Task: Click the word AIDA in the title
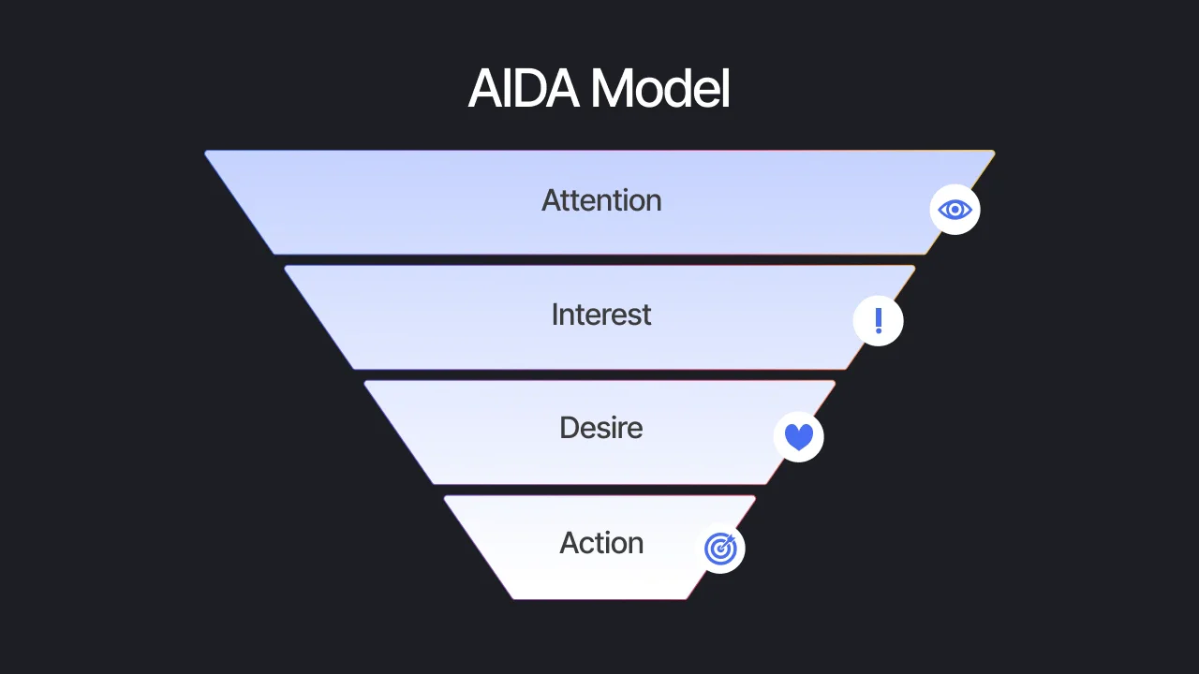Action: [x=525, y=90]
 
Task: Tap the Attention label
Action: [x=601, y=200]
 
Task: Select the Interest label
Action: [x=601, y=315]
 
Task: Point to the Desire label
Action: [x=601, y=428]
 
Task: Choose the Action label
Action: [x=601, y=543]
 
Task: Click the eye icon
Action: [x=955, y=210]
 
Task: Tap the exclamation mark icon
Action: [x=879, y=321]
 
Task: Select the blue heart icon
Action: [x=799, y=437]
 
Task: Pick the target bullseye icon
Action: [x=720, y=549]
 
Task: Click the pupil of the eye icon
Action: [x=955, y=210]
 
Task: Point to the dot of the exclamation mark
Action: [x=879, y=330]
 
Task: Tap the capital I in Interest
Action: [x=555, y=315]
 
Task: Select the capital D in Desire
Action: [x=569, y=428]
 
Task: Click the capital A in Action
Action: [x=569, y=543]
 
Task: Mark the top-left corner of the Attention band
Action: [x=206, y=152]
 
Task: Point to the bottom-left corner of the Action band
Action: [x=513, y=598]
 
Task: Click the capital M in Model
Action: [x=612, y=90]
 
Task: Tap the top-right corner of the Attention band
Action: [x=993, y=152]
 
